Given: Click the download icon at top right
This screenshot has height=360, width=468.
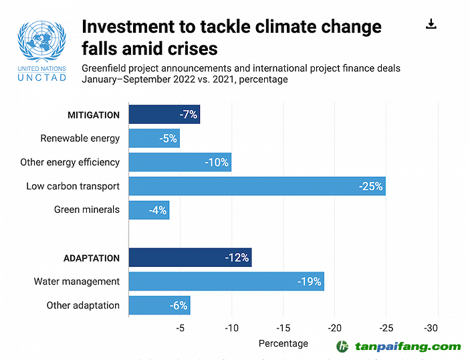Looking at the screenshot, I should coord(431,25).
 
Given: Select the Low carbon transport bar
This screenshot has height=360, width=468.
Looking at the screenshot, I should coord(257,186).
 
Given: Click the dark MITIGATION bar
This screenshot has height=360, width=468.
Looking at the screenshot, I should coord(164,114).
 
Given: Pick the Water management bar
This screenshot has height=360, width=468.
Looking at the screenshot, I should coord(226,282).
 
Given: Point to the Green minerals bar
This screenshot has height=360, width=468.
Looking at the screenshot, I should coord(148,210).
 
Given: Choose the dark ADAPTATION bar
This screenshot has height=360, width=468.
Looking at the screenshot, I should coord(190,258).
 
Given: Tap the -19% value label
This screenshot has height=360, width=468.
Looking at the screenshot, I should coord(309,282).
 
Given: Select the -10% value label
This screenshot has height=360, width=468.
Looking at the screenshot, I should coord(217,163).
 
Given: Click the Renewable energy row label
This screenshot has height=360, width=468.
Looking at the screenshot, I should coord(80,139).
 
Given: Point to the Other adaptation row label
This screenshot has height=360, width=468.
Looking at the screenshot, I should coord(83,306).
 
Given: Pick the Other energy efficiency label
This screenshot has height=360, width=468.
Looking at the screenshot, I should coord(70,163).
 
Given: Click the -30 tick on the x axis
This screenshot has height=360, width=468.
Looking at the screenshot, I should coord(431,328).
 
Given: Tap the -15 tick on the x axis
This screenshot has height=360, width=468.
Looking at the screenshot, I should coord(283,328).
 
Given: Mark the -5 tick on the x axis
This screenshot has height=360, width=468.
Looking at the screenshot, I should coord(180,328).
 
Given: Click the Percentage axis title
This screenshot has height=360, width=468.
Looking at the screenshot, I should coord(283,343).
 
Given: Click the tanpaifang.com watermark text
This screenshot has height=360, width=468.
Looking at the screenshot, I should coord(408,347).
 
